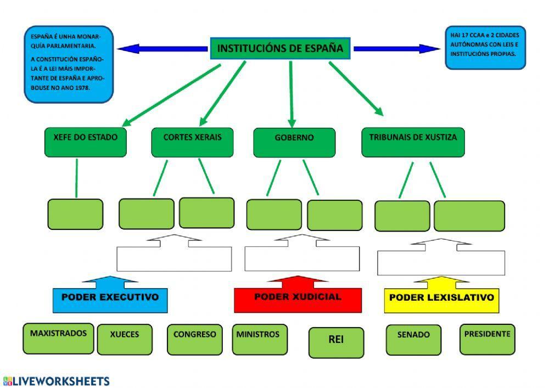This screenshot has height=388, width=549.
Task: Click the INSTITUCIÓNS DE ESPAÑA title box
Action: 280,48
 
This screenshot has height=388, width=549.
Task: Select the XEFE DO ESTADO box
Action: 86,142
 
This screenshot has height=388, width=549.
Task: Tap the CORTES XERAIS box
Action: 192,142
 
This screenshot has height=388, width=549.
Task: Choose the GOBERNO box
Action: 294,143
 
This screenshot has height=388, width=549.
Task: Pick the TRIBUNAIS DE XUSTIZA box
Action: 413,142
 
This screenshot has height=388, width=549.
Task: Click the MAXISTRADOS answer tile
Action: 58,339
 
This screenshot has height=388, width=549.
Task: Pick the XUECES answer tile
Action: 125,340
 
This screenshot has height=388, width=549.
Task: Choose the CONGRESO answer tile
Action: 195,340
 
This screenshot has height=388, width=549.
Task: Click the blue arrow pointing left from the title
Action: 162,49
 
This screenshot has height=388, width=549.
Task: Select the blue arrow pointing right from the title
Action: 397,49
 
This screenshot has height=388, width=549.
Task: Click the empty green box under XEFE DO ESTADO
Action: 75,215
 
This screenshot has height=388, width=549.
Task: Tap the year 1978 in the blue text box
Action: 83,88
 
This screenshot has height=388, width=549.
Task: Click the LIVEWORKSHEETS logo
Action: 57,381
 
